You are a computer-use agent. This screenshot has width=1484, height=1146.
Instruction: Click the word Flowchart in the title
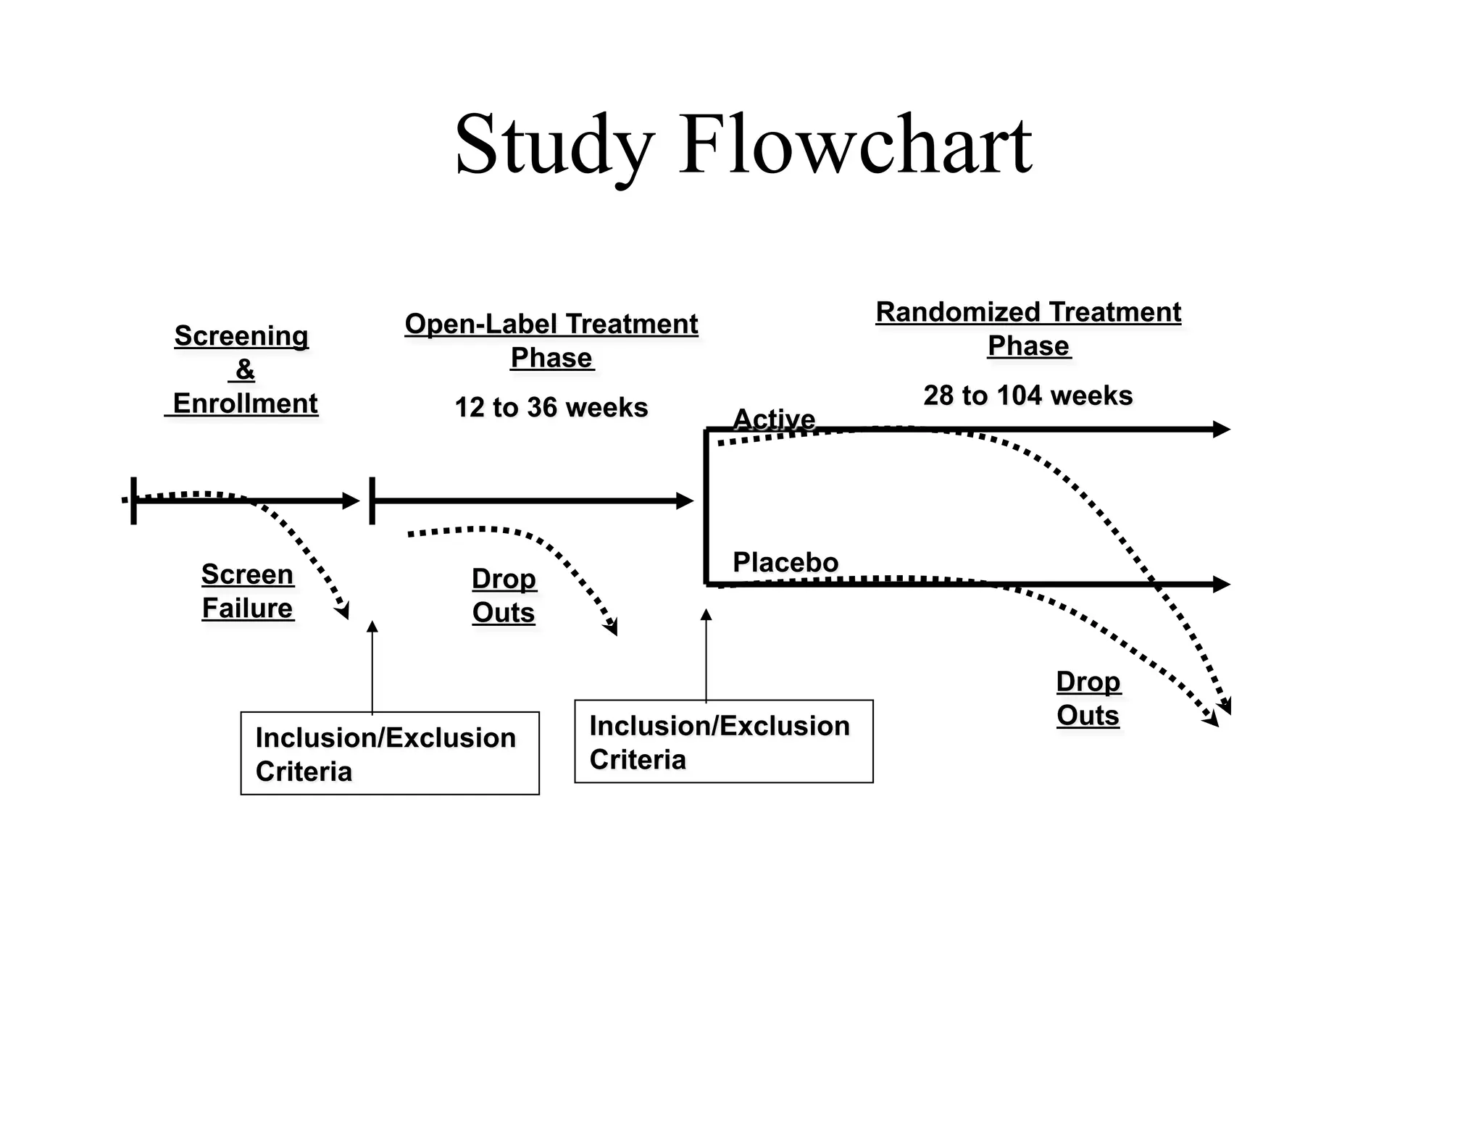coord(855,145)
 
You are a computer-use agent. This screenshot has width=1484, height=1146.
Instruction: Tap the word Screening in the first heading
coord(241,336)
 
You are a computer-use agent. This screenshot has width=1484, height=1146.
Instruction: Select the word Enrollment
coord(245,403)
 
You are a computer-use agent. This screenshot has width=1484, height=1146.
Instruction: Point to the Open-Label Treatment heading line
coord(551,324)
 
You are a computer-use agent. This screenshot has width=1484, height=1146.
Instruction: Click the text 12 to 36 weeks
coord(551,407)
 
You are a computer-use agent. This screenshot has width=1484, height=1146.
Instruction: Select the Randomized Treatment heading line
coord(1028,312)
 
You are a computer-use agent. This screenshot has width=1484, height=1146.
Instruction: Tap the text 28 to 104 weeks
coord(1028,396)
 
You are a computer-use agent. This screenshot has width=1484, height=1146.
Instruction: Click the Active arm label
coord(774,419)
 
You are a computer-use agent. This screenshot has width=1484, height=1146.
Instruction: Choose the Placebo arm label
coord(785,562)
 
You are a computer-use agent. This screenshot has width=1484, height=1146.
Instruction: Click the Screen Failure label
coord(247,591)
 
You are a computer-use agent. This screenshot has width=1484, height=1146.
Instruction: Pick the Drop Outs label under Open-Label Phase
coord(504,595)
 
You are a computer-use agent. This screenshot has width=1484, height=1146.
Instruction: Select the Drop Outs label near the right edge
coord(1088,698)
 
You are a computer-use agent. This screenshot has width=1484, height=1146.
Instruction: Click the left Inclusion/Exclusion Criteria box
coord(390,753)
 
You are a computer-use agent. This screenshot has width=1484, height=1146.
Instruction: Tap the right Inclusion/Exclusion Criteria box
coord(724,741)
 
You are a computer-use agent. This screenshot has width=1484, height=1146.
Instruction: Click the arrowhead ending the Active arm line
coord(1222,430)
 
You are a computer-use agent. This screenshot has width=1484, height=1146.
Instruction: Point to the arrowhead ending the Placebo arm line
coord(1222,584)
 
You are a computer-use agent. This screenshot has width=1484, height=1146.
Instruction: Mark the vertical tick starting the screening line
coord(134,501)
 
